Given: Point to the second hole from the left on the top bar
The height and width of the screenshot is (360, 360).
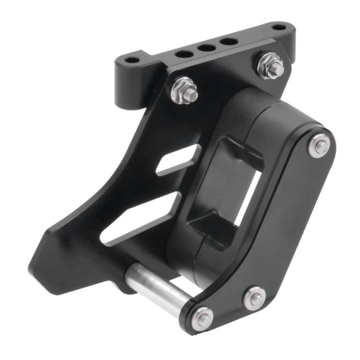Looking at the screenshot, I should [184, 54].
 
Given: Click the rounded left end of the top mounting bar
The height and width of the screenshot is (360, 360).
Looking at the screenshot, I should [121, 65].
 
